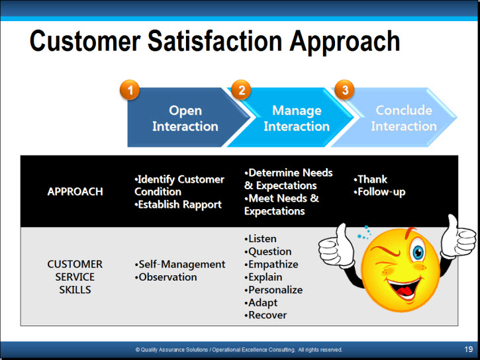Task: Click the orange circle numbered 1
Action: click(x=130, y=90)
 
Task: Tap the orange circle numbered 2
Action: click(x=241, y=90)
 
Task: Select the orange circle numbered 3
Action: click(x=345, y=90)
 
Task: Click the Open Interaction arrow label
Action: click(x=185, y=118)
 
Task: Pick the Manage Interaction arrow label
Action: click(x=297, y=118)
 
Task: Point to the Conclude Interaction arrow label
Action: click(x=404, y=118)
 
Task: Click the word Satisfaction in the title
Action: click(x=215, y=41)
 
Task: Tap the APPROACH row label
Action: click(x=75, y=191)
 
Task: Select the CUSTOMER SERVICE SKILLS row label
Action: click(x=75, y=277)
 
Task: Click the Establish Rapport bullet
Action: click(x=178, y=204)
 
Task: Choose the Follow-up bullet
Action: click(x=379, y=192)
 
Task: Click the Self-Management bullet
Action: click(x=180, y=264)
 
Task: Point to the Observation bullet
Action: click(x=166, y=277)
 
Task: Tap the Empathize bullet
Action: click(x=271, y=264)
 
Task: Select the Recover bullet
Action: click(x=265, y=315)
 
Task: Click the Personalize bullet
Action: click(x=273, y=290)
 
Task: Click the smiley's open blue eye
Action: click(x=418, y=253)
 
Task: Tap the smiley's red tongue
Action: click(x=405, y=291)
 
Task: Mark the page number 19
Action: click(x=469, y=349)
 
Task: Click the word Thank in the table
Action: click(x=372, y=179)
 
